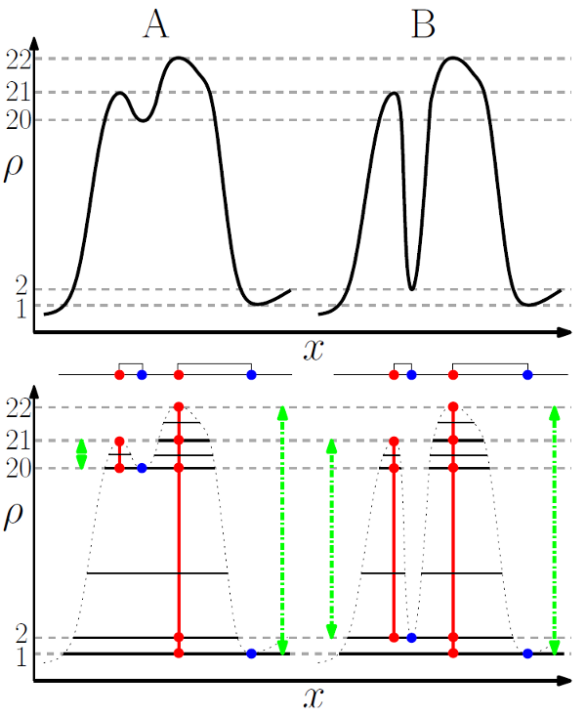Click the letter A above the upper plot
156,24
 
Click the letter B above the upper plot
423,24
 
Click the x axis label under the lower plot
313,697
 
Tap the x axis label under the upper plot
313,349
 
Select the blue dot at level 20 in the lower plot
142,469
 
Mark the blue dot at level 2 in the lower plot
411,638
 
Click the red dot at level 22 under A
179,406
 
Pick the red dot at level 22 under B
453,406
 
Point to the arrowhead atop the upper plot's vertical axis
35,42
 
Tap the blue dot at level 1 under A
251,654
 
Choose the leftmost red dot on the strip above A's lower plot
119,374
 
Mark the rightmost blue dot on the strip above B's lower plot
527,374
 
